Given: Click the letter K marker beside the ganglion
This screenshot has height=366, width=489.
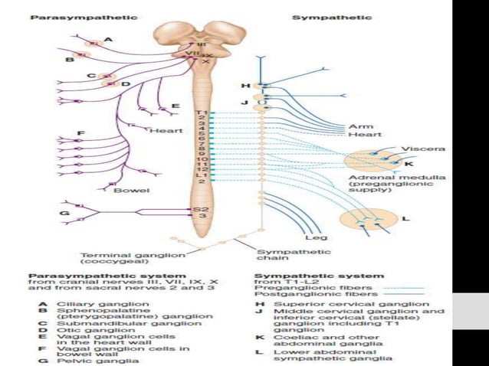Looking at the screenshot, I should click(x=409, y=164).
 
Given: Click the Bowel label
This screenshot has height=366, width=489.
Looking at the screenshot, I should click(x=130, y=189).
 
